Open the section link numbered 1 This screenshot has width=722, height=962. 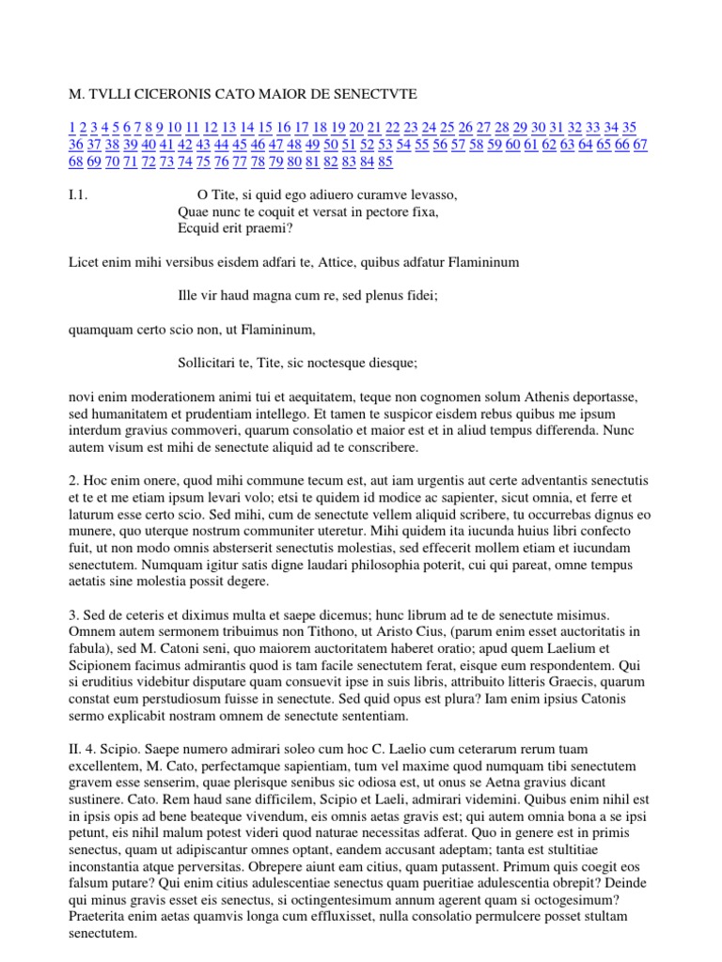pyautogui.click(x=72, y=128)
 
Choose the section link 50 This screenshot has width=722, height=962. pyautogui.click(x=331, y=145)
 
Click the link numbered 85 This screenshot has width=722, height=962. pyautogui.click(x=385, y=162)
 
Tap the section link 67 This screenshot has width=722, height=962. pyautogui.click(x=640, y=145)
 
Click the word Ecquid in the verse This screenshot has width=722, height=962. pyautogui.click(x=197, y=229)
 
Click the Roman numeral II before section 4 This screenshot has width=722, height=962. pyautogui.click(x=76, y=749)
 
